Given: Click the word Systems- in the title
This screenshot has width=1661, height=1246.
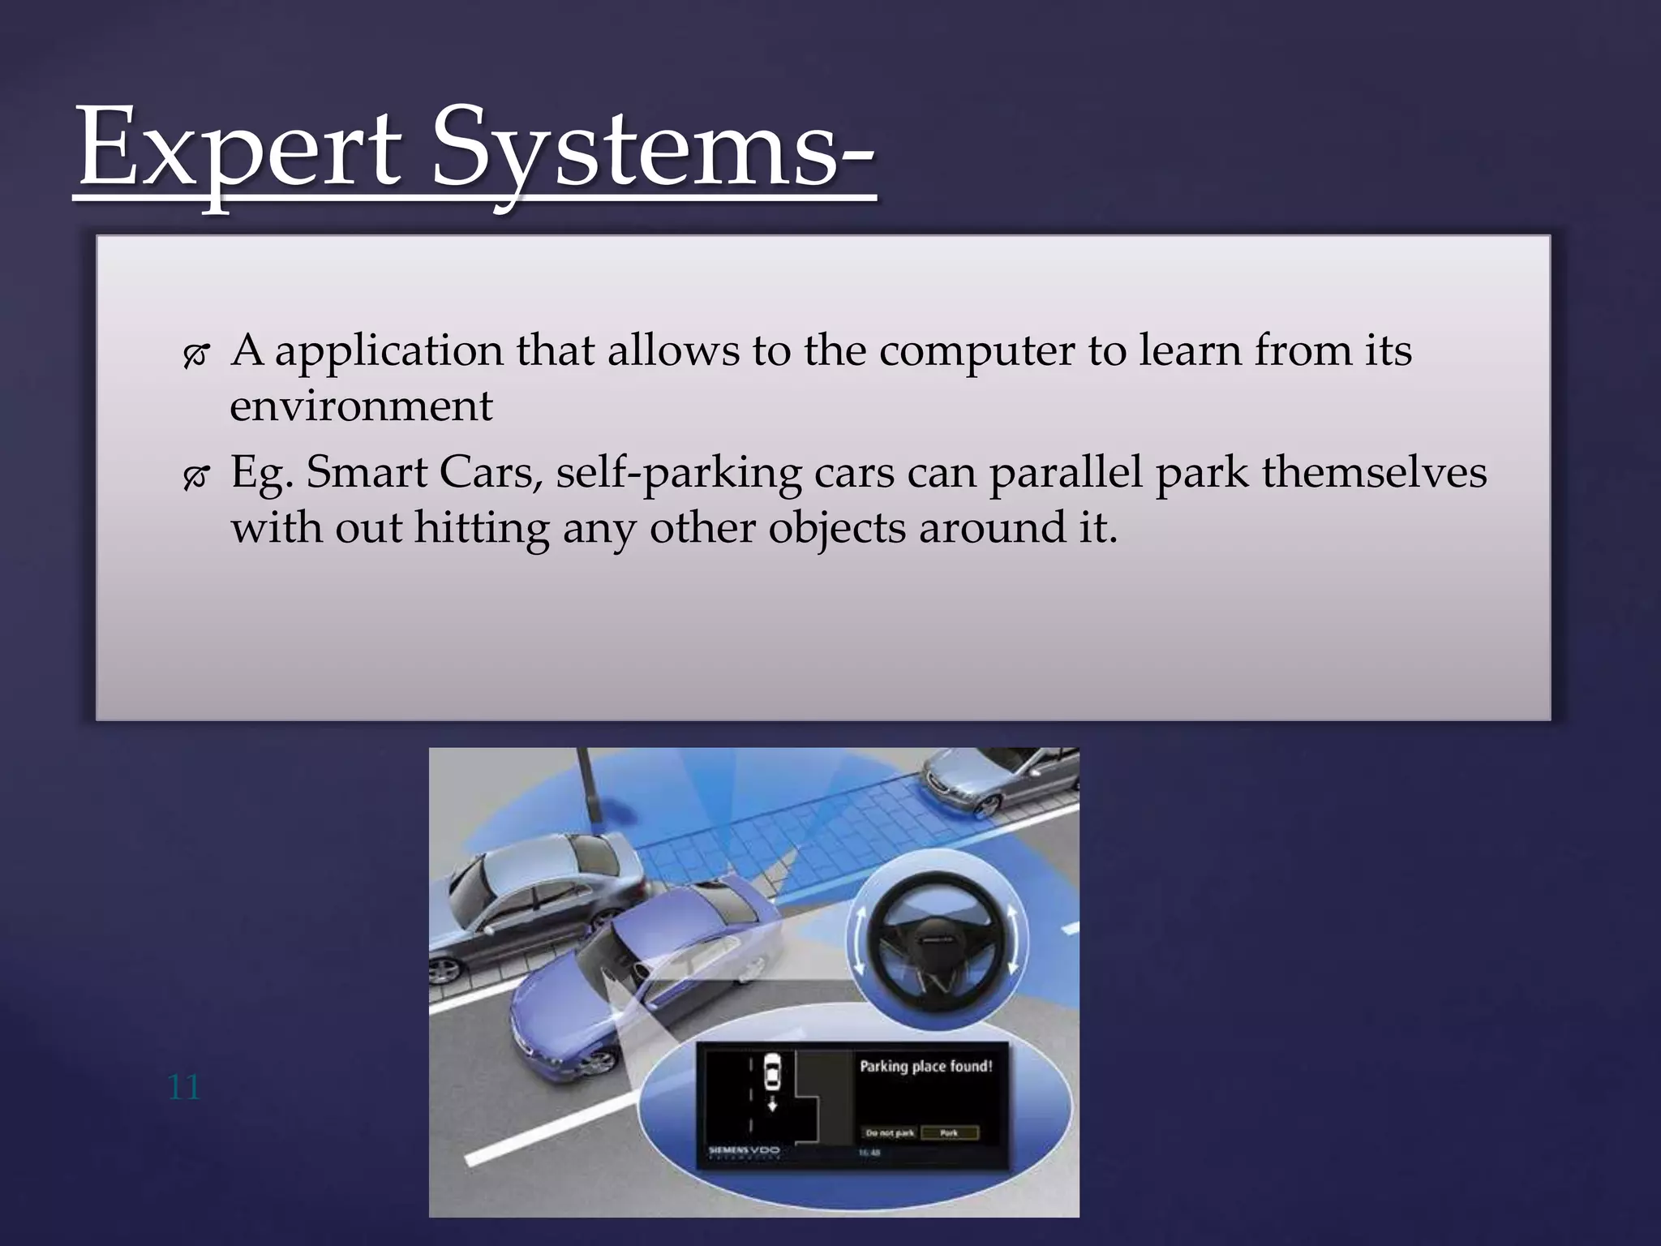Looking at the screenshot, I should coord(653,150).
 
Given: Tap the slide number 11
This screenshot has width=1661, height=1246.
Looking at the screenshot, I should coord(183,1087).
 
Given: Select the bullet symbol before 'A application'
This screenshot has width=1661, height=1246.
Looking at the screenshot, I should coord(196,354).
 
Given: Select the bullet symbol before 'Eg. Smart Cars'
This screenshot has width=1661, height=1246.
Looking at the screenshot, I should coord(196,477).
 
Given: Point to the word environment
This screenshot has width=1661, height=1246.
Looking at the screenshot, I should coord(361,406).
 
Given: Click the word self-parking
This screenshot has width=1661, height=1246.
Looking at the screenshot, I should coord(678,473).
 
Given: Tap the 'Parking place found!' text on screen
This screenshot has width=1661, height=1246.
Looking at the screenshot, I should coord(925,1067).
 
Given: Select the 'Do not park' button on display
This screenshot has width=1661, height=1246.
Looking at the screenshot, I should coord(890,1133).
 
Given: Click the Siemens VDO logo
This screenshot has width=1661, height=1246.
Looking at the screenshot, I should coord(744,1150).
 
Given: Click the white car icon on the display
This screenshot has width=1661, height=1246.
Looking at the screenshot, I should coord(772,1075).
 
